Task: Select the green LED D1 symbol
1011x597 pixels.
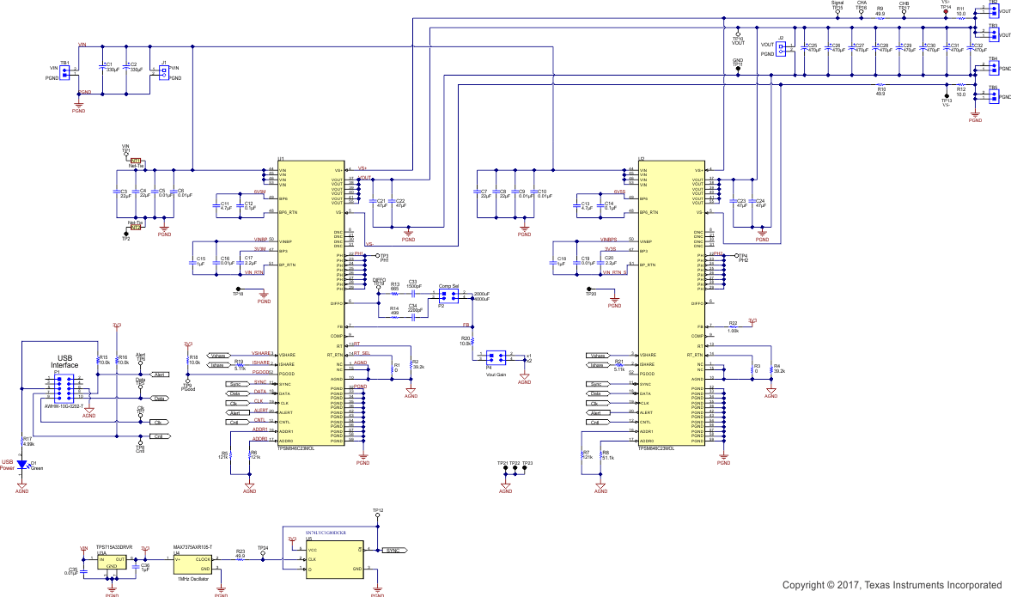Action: (x=22, y=466)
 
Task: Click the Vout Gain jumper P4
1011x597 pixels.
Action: (x=495, y=356)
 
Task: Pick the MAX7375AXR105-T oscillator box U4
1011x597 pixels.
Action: (x=192, y=563)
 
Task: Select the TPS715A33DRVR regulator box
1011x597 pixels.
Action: (x=112, y=563)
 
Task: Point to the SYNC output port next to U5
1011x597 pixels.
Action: (x=393, y=550)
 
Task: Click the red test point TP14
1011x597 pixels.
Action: (x=945, y=12)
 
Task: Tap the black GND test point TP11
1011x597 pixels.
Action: (x=737, y=70)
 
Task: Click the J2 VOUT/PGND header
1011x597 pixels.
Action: (x=782, y=49)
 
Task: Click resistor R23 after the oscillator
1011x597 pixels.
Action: (x=241, y=559)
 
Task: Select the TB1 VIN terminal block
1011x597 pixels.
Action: (x=64, y=72)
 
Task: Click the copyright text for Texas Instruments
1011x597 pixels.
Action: (x=891, y=585)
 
